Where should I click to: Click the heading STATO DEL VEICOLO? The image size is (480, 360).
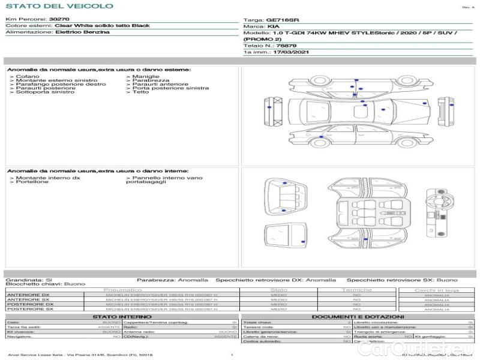click(x=59, y=6)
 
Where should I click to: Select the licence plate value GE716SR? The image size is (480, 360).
click(x=282, y=20)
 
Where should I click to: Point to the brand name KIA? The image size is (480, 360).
click(x=273, y=27)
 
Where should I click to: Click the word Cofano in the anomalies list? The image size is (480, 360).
click(x=28, y=77)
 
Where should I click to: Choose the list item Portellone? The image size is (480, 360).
click(x=32, y=182)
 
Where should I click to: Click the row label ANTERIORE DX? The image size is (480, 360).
click(x=28, y=295)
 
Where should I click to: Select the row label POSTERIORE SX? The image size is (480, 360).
click(x=29, y=309)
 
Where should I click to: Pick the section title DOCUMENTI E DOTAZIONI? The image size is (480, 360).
click(x=358, y=316)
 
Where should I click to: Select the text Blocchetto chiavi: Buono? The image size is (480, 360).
click(x=45, y=284)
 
